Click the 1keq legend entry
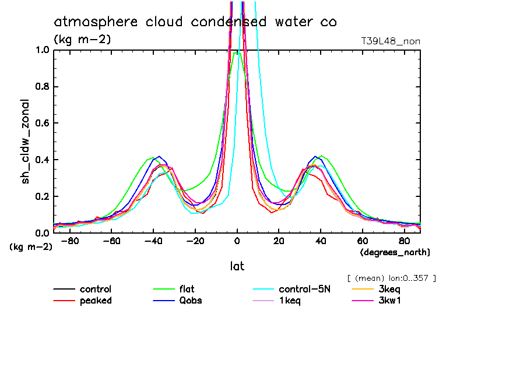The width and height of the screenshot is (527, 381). click(x=290, y=301)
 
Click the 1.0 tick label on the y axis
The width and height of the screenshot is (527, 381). click(x=42, y=50)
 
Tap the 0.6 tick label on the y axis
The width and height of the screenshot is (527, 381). click(x=42, y=123)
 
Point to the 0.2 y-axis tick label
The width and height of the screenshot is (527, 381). click(x=42, y=196)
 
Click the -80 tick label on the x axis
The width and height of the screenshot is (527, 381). click(x=69, y=241)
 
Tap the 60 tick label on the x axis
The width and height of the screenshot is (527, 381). click(x=363, y=241)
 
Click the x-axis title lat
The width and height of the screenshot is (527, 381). click(x=237, y=266)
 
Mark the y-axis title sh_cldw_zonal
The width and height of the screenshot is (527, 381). click(x=26, y=141)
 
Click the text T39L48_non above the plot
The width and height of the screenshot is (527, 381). click(x=391, y=41)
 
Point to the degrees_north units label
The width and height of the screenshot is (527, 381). click(x=395, y=252)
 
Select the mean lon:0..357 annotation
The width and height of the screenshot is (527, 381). click(x=391, y=278)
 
